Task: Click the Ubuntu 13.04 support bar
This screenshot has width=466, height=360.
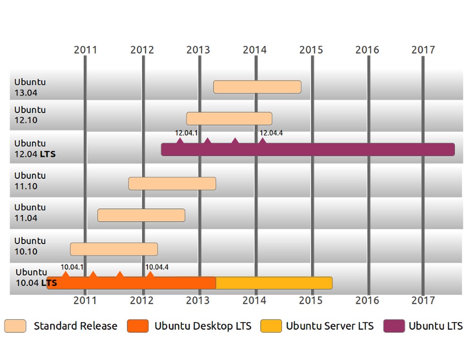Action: pos(257,87)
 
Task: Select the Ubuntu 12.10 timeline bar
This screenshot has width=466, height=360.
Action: pos(229,118)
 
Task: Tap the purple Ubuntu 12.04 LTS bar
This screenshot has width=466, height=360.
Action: pos(308,150)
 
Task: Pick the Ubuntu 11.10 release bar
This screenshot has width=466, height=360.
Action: pos(172,183)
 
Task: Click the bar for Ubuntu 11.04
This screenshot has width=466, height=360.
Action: pos(141,215)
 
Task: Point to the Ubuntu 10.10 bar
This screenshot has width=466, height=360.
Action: pos(114,249)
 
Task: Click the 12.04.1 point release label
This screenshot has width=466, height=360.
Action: pos(186,133)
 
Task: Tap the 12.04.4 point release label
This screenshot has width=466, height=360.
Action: pos(271,133)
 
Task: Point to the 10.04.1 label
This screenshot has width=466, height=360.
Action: pos(72,267)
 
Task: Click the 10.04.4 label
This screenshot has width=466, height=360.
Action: pos(157,267)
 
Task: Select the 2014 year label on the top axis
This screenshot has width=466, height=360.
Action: pos(255,50)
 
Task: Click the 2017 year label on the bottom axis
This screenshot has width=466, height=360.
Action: pos(423,300)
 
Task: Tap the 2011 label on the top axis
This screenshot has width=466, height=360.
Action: pos(86,50)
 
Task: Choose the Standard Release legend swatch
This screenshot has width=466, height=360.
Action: pos(15,326)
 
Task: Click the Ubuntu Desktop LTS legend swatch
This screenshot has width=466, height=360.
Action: pos(138,326)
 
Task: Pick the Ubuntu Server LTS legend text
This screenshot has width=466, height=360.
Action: pos(330,326)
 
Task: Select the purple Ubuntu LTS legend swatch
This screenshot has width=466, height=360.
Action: pos(394,326)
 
